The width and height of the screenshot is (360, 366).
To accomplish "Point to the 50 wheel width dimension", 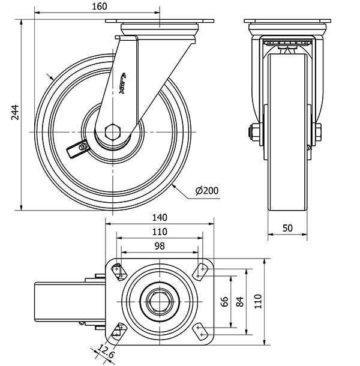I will [x=287, y=228].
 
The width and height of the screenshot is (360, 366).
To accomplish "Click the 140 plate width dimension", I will [x=159, y=217].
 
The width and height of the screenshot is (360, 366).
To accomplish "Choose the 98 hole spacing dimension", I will [x=159, y=246].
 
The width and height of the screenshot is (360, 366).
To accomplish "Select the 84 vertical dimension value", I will [x=241, y=301].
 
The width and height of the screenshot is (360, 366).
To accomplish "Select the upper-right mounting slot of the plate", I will [x=200, y=272].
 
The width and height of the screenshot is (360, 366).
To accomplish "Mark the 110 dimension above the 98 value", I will [x=159, y=232].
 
